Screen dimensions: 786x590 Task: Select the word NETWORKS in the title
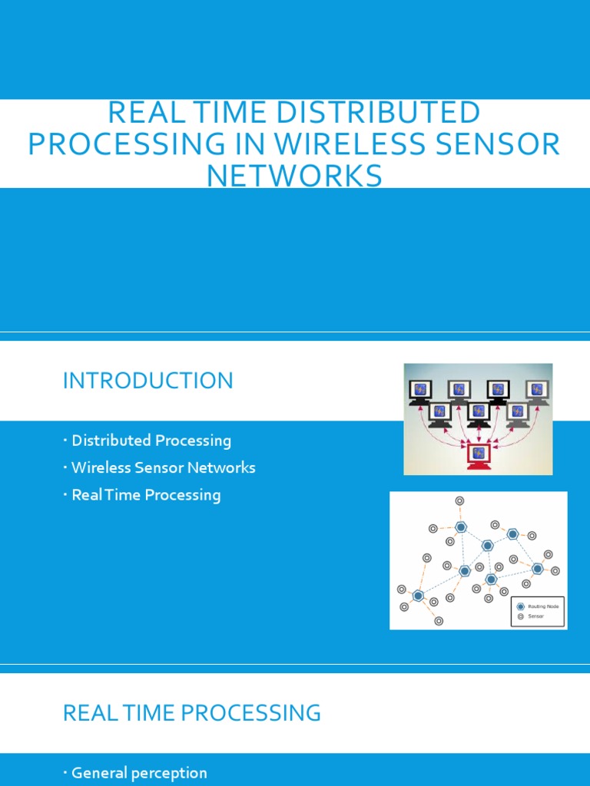click(294, 176)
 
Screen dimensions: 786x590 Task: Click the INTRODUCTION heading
click(147, 381)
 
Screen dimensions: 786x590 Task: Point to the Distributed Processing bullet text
click(151, 441)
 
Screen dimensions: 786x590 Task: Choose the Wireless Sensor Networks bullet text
click(163, 467)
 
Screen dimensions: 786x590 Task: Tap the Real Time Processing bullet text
click(146, 495)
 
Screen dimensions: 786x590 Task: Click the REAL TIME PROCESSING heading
click(191, 713)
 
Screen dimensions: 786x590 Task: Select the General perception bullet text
click(139, 773)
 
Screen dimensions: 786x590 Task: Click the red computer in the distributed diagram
click(479, 455)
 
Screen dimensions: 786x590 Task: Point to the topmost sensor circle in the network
click(459, 500)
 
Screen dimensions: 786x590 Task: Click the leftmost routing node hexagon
click(418, 595)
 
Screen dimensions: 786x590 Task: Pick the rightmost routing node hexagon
click(537, 569)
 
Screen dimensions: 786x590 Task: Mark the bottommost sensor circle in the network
click(438, 621)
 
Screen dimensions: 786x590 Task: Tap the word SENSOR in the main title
click(512, 144)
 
